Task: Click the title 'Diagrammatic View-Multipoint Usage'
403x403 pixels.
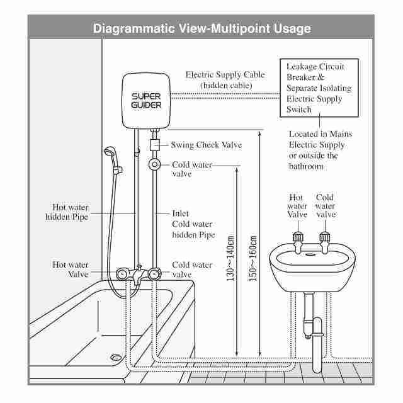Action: coord(201,29)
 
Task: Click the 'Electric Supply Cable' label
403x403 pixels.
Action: coord(225,79)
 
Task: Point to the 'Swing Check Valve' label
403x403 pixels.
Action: coord(206,145)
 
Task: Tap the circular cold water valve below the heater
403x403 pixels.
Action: coord(156,165)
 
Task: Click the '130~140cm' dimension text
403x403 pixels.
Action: coord(231,258)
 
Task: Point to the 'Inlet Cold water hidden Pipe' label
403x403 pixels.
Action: coord(193,224)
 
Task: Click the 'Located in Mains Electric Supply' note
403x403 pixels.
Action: coord(321,150)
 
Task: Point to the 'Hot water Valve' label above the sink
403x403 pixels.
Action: coord(297,206)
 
